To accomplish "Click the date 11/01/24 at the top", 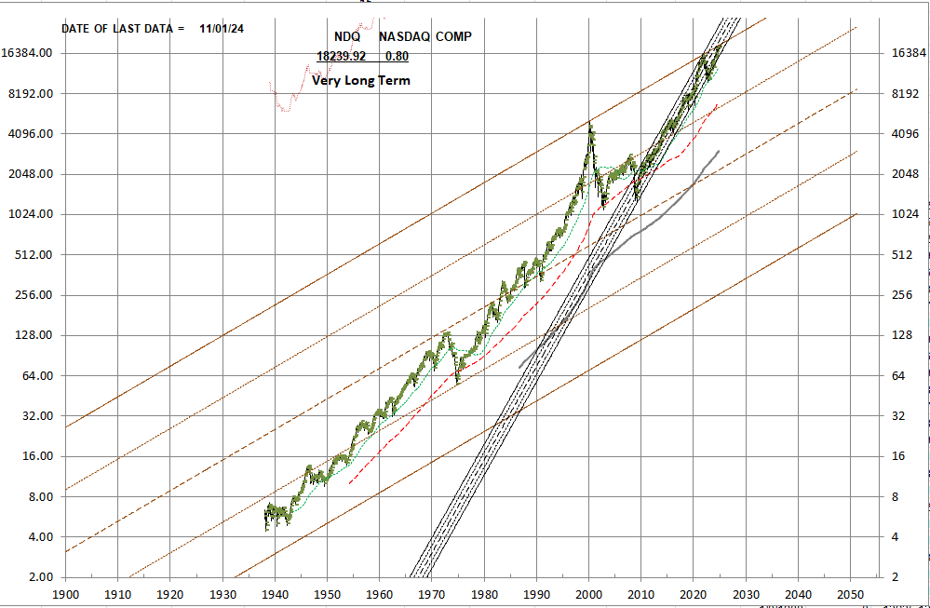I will pos(222,28).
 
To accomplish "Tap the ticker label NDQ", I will pos(347,36).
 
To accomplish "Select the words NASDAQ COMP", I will pos(425,36).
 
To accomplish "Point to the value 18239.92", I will pos(341,56).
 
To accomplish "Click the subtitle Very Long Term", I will pos(361,81).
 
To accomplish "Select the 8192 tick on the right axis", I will pos(905,93).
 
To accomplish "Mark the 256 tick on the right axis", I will pos(901,295).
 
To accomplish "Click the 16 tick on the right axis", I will pos(898,456).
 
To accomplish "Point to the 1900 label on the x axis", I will pos(65,593).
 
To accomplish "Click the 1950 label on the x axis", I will pos(327,593).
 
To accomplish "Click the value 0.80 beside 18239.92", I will pos(397,56).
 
